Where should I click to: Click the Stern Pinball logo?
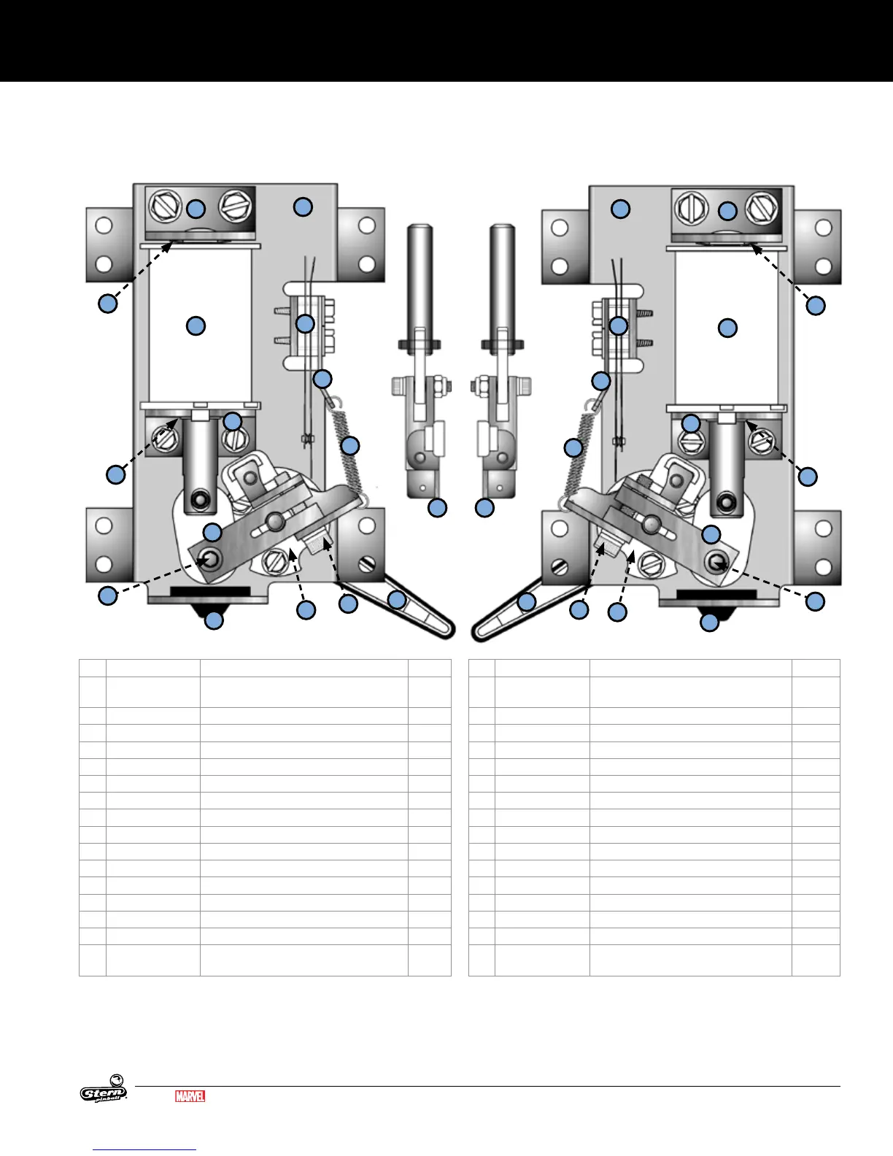tap(104, 1088)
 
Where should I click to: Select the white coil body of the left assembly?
tap(199, 325)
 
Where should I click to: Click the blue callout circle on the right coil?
tap(727, 328)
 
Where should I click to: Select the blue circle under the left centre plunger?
tap(438, 508)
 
